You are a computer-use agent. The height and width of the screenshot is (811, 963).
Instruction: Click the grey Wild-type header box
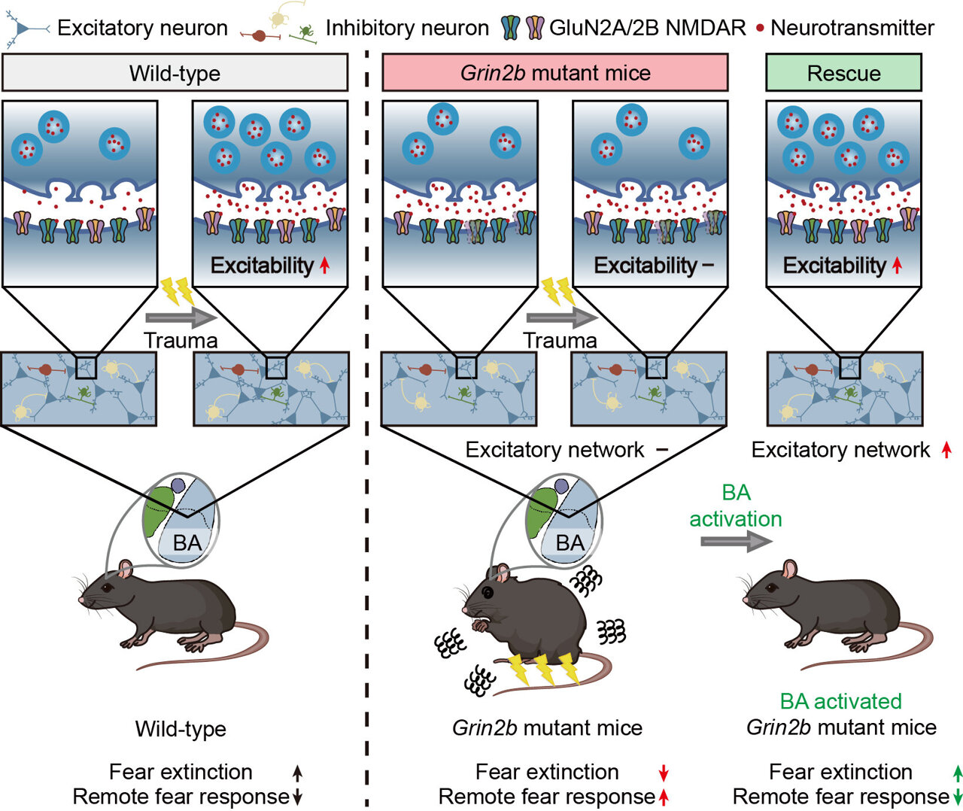[x=175, y=73]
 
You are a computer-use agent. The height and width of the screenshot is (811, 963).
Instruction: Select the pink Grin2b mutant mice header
[x=554, y=73]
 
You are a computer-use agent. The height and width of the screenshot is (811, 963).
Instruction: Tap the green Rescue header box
[x=843, y=73]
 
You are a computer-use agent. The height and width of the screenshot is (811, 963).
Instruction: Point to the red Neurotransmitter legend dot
[x=760, y=29]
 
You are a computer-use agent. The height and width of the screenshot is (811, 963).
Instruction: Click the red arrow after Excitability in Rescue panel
[x=897, y=266]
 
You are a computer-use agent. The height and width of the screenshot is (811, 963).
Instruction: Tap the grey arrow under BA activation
[x=736, y=541]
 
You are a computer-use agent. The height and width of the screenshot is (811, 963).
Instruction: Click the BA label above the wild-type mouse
[x=187, y=542]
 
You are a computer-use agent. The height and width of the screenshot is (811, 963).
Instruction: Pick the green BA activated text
[x=840, y=701]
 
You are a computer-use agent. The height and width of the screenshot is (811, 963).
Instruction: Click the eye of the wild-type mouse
[x=109, y=587]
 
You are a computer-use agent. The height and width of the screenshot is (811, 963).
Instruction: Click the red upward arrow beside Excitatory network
[x=946, y=450]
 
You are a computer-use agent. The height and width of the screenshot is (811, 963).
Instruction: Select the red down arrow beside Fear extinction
[x=663, y=773]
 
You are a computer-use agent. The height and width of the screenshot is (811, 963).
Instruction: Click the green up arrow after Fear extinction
[x=957, y=773]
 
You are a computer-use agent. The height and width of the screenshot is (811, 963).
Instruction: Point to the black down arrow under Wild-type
[x=297, y=797]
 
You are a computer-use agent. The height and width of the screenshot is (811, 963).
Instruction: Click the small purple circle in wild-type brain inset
[x=178, y=486]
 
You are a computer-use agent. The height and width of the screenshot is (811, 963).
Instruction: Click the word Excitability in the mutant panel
[x=646, y=266]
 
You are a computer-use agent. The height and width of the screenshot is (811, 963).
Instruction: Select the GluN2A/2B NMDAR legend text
[x=648, y=29]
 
